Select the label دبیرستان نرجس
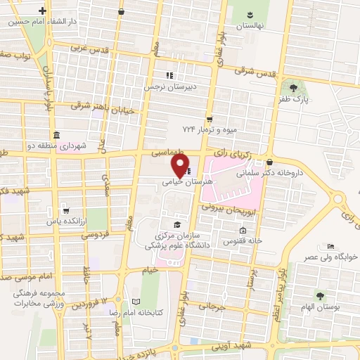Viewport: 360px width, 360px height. (168, 87)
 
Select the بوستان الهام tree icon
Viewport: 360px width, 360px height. (321, 295)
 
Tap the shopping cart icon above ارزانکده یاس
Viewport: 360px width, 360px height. (65, 210)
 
